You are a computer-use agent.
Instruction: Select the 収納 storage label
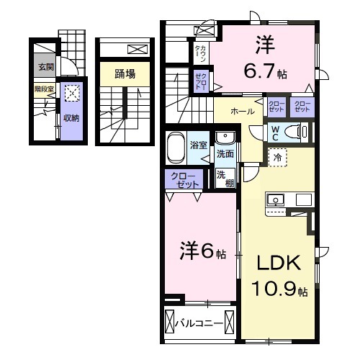tap(71, 117)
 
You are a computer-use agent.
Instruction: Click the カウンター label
tap(201, 52)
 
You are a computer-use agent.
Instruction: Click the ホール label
tap(242, 112)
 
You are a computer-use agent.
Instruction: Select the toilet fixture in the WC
tap(297, 131)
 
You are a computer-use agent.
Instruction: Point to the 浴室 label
tap(199, 145)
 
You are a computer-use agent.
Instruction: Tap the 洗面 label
tap(225, 153)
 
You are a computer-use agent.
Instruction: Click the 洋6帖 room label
tap(202, 253)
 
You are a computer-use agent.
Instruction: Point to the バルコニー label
tap(199, 323)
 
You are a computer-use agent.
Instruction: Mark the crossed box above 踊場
tap(135, 49)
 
